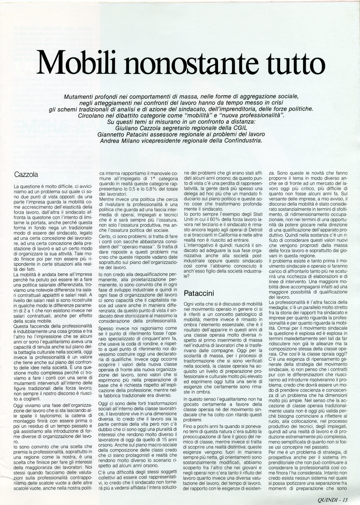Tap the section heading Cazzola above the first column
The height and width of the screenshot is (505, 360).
pyautogui.click(x=26, y=175)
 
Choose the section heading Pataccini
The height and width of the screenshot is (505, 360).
pyautogui.click(x=199, y=293)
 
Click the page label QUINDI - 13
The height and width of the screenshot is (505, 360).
pyautogui.click(x=332, y=499)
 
